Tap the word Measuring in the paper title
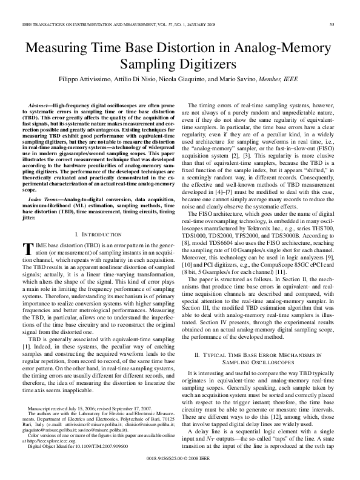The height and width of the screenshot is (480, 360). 59,47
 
